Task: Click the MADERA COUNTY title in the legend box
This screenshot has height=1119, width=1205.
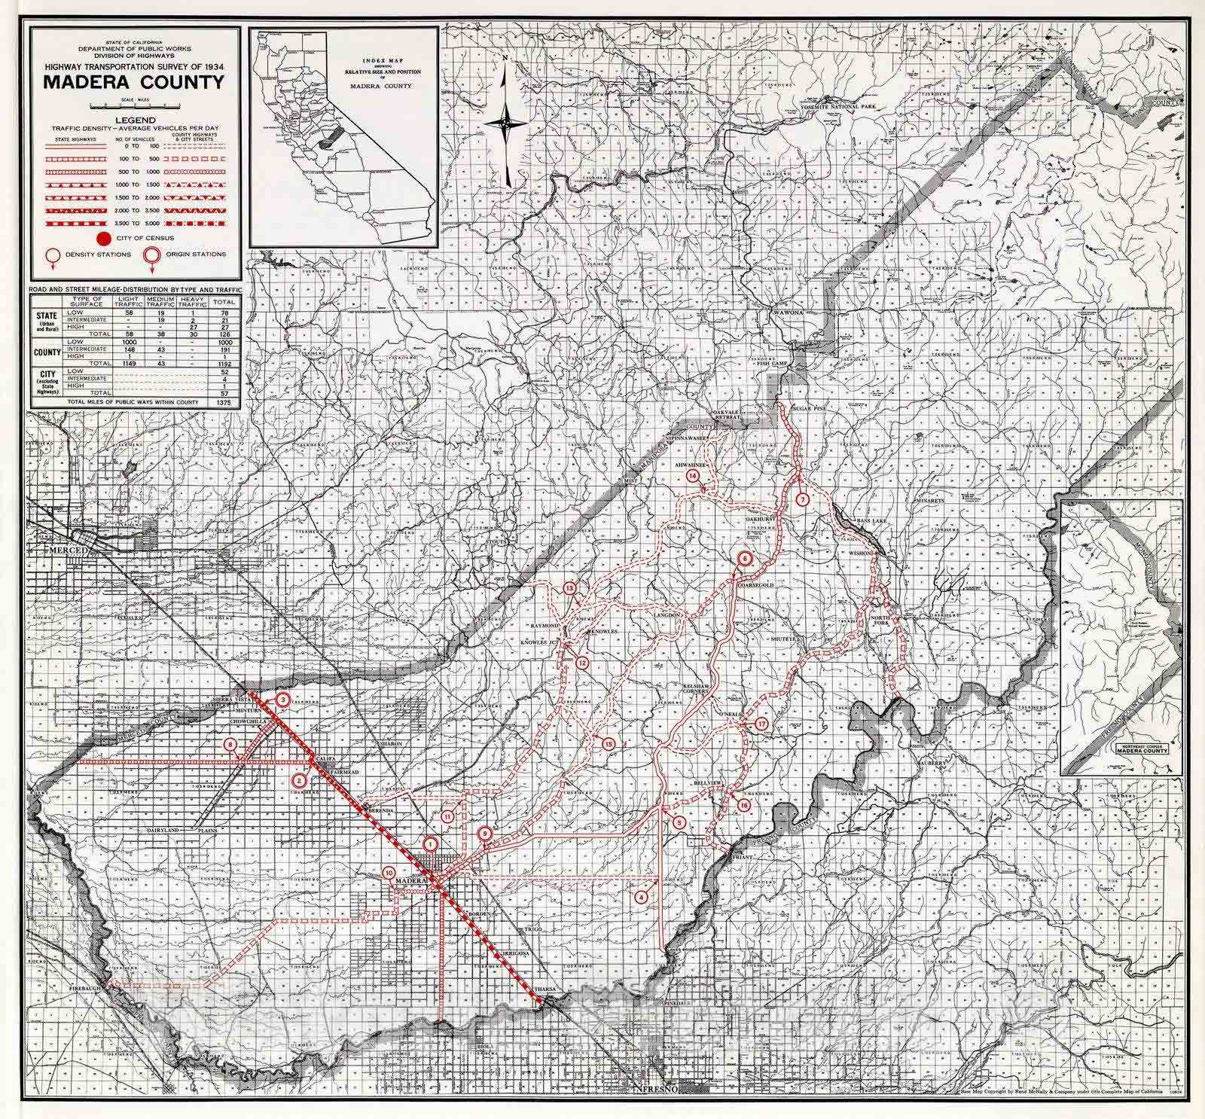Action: point(134,81)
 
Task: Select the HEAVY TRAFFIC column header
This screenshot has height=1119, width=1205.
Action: point(194,301)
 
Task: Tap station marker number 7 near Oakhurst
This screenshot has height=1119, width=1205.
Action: point(802,499)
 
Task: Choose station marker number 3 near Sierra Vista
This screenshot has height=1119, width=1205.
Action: point(282,700)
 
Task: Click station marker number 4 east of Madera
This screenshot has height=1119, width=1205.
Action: point(642,897)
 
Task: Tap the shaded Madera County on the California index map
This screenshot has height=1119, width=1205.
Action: point(328,140)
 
